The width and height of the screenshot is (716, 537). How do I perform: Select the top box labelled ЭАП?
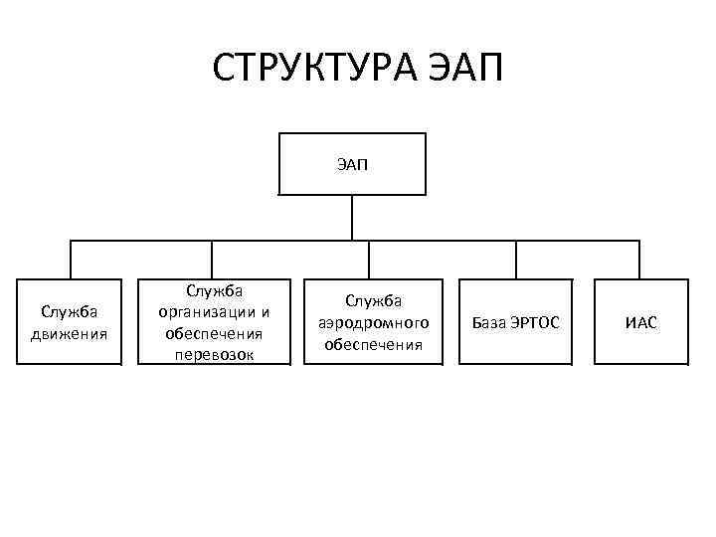[x=352, y=163]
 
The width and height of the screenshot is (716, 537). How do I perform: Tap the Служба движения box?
[x=70, y=322]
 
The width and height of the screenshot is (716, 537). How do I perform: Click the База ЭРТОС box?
[x=515, y=322]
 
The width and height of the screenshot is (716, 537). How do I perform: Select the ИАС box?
[x=640, y=322]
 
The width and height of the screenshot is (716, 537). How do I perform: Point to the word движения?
[x=70, y=332]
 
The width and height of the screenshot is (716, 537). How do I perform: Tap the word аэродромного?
[x=373, y=322]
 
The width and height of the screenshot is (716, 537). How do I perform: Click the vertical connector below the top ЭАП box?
[x=352, y=218]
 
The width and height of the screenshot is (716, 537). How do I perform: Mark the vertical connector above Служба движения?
[x=70, y=260]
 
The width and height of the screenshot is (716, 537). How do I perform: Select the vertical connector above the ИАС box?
[x=639, y=260]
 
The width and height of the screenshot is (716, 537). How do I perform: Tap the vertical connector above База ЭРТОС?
[x=515, y=260]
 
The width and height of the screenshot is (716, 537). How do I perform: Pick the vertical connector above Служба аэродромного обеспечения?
[x=369, y=260]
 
